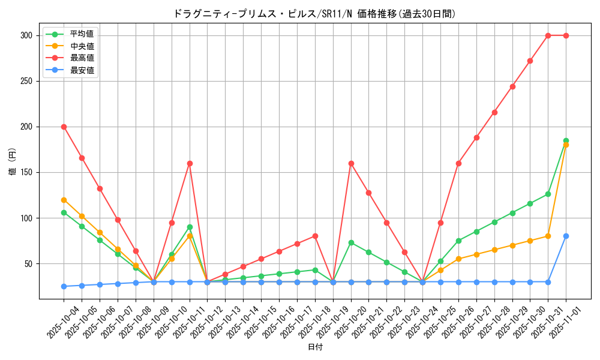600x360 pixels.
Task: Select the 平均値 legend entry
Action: click(x=82, y=34)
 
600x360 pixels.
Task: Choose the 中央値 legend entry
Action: click(x=82, y=46)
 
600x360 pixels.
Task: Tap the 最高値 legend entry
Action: click(x=82, y=58)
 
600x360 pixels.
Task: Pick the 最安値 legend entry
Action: click(x=82, y=70)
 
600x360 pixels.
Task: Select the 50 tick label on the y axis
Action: click(x=28, y=263)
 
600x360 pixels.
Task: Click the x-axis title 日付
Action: click(x=315, y=347)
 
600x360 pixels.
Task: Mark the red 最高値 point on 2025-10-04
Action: click(x=64, y=127)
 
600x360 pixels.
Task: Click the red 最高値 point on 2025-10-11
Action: click(x=190, y=163)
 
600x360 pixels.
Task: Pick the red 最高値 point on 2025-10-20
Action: click(x=351, y=163)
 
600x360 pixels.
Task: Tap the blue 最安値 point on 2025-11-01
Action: click(x=566, y=236)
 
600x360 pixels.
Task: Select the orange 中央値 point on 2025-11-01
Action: click(x=566, y=145)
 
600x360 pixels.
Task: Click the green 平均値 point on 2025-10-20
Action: click(x=351, y=242)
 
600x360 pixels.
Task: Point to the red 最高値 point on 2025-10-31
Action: click(x=548, y=35)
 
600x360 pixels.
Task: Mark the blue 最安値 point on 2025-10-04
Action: click(x=64, y=286)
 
